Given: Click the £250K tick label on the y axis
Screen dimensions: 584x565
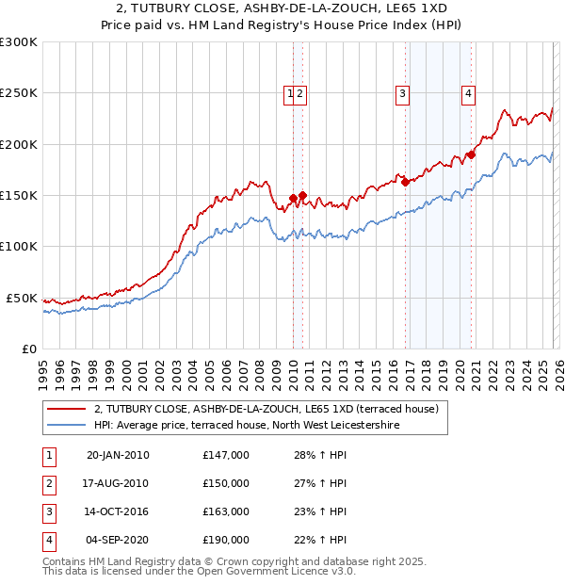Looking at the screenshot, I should [19, 93].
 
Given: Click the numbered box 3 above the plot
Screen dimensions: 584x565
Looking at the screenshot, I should [402, 93].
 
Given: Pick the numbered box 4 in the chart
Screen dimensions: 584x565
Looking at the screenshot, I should [468, 93].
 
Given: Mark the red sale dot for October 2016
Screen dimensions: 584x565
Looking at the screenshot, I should [405, 182].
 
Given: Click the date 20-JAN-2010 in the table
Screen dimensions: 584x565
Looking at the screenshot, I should [118, 456].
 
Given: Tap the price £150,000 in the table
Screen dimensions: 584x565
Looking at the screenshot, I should [226, 483].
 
